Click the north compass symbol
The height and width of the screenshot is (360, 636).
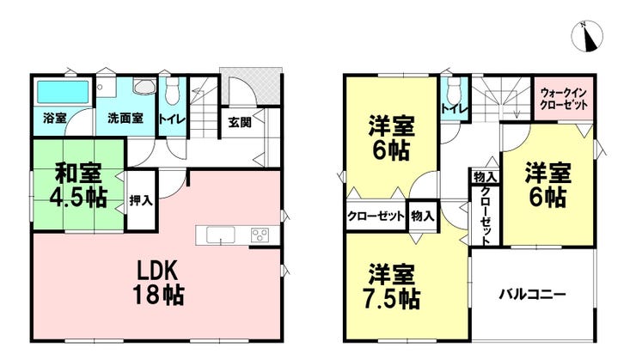[587, 36]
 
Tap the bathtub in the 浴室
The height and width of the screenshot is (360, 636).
[63, 92]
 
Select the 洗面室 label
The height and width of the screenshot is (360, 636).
[125, 119]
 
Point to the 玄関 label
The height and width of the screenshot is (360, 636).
[240, 122]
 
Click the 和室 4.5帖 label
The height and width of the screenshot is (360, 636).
[78, 185]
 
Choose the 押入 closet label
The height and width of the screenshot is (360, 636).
[141, 200]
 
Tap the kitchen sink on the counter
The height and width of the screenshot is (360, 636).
[221, 235]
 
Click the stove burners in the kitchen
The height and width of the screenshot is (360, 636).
[260, 235]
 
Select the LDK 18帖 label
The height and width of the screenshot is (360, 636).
[158, 283]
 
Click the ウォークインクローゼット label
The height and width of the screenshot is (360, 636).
[564, 99]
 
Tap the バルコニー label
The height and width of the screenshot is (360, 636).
[532, 294]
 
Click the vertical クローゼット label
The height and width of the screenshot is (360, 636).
[485, 216]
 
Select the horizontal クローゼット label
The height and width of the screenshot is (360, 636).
[376, 216]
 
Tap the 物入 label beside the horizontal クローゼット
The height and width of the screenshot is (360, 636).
[423, 216]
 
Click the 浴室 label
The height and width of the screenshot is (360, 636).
[55, 119]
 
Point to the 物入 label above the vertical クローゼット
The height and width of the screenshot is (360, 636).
[485, 177]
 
